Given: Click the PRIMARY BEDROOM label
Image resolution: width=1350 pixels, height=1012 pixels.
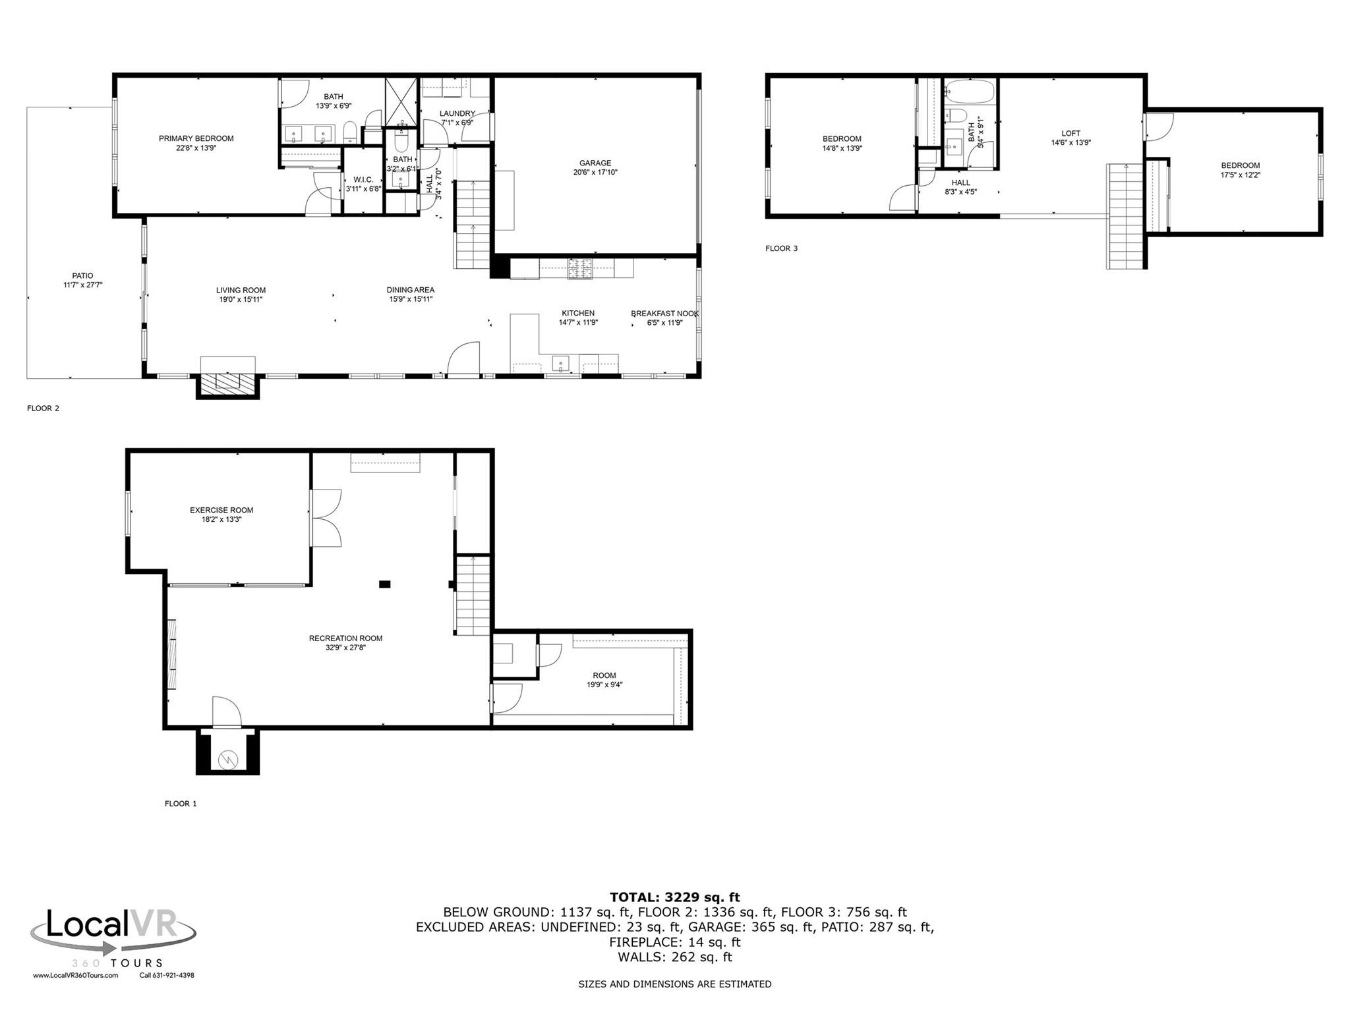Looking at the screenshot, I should coord(196,138).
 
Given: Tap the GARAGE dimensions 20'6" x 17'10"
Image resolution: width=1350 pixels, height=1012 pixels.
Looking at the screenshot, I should coord(595,173).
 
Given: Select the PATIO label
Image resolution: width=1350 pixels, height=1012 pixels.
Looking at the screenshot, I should coord(82,276).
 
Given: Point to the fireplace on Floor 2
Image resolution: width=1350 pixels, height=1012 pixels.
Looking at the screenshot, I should coord(227,384).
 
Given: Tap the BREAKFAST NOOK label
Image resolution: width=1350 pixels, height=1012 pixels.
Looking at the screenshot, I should coord(664,314).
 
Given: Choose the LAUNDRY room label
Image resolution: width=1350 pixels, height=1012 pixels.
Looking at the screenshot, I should coord(457,113).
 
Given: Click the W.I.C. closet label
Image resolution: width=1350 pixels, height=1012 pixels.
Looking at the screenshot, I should coord(363,180).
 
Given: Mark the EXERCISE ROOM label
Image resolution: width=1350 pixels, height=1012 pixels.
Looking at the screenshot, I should coord(221,510).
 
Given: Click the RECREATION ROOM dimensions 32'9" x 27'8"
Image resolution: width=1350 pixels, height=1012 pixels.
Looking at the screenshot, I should coord(345,648).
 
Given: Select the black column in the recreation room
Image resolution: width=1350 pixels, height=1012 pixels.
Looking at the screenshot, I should coord(384,584).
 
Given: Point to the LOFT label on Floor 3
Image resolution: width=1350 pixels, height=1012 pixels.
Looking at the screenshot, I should coord(1071,133).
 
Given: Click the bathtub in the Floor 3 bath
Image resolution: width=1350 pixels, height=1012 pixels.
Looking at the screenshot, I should coord(970,91).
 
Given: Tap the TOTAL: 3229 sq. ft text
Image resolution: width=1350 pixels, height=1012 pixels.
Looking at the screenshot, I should coord(674,897).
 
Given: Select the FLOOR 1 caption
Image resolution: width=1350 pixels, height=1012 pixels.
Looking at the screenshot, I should coord(181,804).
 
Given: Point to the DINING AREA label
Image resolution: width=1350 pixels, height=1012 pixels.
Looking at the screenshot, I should coord(410,290).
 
